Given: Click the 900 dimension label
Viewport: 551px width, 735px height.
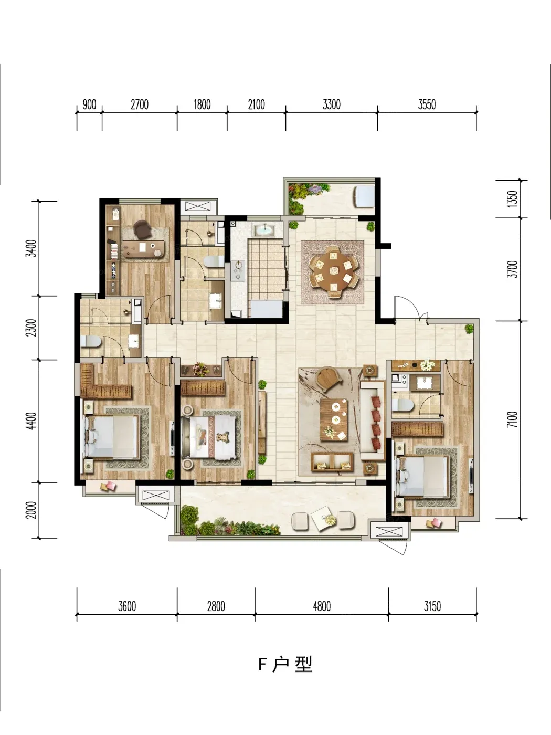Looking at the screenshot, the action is [x=89, y=105].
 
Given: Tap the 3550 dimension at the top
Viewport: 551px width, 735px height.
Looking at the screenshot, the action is [x=427, y=105].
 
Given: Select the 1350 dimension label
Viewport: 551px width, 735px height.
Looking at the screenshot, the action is [x=512, y=198].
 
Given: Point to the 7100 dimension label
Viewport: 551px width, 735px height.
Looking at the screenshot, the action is [x=512, y=419].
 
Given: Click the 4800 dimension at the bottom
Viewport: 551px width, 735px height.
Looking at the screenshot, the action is [x=322, y=606].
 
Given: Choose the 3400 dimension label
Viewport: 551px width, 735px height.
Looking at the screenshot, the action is [x=31, y=248].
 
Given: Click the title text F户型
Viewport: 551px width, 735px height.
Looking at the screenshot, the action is [x=285, y=664].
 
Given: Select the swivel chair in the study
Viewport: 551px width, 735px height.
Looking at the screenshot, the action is [x=142, y=229].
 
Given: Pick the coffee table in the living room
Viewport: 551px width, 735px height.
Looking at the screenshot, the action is [x=334, y=420].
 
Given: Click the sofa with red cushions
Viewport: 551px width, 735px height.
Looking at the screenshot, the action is [x=373, y=420].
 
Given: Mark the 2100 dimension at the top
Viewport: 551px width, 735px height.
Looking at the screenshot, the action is [x=256, y=105].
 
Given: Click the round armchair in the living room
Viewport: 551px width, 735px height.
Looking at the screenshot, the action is [x=329, y=379].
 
